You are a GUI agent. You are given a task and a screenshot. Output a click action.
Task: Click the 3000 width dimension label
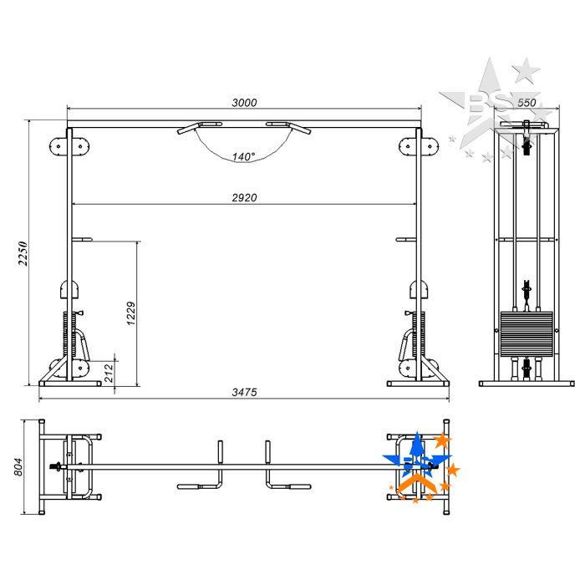click(x=244, y=103)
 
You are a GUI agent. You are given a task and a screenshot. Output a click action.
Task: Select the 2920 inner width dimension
click(x=244, y=198)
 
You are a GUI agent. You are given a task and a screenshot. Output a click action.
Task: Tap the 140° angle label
click(x=244, y=157)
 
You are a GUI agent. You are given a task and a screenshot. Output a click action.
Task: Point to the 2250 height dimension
click(x=23, y=253)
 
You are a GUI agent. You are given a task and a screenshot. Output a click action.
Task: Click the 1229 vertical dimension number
click(x=131, y=313)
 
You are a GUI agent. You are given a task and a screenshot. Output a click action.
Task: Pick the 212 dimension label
click(x=108, y=373)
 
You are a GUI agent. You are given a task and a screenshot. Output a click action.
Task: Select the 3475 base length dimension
click(x=244, y=392)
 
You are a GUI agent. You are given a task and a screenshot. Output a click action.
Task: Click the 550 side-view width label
click(x=526, y=103)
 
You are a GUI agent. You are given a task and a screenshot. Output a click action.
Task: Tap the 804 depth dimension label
click(x=18, y=466)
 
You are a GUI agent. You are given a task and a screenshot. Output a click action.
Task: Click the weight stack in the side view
click(x=526, y=333)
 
